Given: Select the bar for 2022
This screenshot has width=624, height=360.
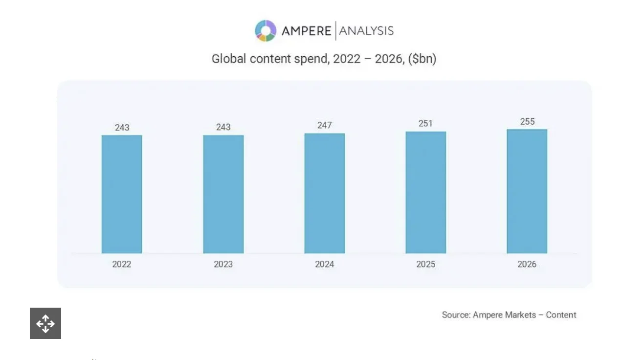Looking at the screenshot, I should point(122,194).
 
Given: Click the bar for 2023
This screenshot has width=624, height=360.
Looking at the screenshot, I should point(223,194).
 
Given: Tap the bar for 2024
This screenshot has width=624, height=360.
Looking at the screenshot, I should point(324,193).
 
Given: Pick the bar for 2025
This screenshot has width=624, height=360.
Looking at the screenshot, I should point(425,192).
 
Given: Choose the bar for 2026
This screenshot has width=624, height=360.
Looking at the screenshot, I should point(527,191).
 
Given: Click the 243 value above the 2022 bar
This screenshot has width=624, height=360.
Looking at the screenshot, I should point(122,128).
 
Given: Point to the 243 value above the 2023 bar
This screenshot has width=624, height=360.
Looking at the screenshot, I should point(223,127).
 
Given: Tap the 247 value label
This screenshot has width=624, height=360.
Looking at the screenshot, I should point(324,125).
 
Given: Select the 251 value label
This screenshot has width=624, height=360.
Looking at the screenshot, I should point(425,123).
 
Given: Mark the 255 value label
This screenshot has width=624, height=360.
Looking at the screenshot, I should point(527,121).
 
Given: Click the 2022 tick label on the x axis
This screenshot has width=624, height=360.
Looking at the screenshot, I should point(122,264).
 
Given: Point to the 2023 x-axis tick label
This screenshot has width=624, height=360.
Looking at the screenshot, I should point(223,264).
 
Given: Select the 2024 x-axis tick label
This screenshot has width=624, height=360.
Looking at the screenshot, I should point(324,264).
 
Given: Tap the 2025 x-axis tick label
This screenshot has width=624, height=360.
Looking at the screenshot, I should point(425,264).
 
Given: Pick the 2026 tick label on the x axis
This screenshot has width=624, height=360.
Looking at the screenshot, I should point(527,264).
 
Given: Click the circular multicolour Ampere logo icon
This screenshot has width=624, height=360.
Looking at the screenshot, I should point(266,31).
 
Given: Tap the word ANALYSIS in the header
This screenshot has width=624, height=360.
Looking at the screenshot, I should point(366,31).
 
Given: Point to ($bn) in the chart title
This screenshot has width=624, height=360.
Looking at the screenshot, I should point(422,59).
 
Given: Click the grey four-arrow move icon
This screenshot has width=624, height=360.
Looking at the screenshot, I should point(45,323).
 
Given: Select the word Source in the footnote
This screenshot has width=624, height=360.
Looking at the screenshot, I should point(455,315).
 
